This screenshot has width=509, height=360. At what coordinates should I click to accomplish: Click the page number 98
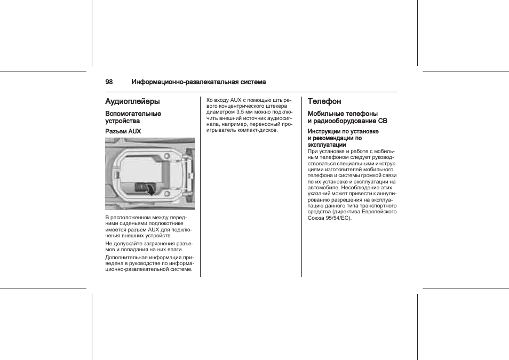109,82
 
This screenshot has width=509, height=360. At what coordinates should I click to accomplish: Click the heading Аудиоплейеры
132,101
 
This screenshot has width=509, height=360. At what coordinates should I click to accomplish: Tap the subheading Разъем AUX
123,131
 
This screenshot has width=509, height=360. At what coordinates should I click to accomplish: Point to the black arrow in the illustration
152,189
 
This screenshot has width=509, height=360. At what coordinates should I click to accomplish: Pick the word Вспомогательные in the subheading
133,114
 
